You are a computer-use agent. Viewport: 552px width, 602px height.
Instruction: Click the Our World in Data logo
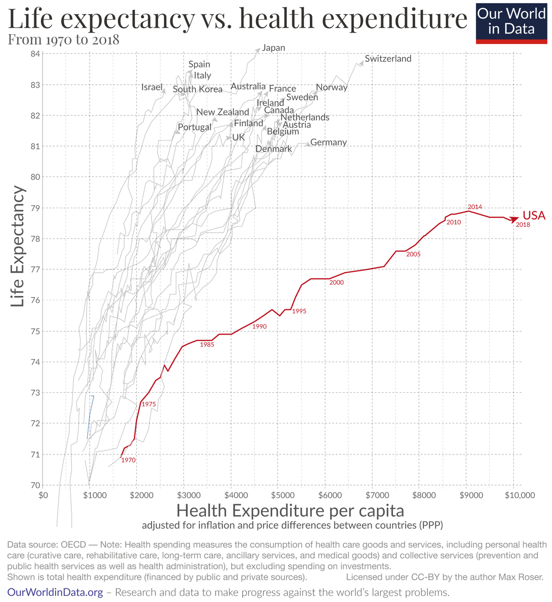[x=511, y=22]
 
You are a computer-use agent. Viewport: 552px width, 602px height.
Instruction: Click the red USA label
[x=533, y=215]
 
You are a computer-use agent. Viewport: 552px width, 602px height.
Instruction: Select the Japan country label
[x=274, y=48]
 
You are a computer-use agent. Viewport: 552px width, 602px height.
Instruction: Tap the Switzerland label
[x=388, y=59]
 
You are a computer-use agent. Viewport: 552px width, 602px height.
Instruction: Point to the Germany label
[x=328, y=142]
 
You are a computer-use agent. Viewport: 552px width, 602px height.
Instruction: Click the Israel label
[x=152, y=87]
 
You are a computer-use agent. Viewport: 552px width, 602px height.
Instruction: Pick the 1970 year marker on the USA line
[x=128, y=460]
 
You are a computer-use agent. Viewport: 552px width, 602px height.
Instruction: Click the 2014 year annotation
[x=475, y=207]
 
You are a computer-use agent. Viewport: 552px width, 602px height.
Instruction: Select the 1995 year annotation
[x=299, y=312]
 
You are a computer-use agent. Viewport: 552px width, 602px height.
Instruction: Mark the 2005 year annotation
[x=413, y=254]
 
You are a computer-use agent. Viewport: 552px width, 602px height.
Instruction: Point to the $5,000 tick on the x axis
[x=278, y=496]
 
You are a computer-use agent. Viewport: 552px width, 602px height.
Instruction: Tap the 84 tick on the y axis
[x=36, y=54]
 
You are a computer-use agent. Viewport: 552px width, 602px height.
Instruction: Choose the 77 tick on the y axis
[x=36, y=269]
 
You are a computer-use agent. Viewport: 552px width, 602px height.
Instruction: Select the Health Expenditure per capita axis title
[x=290, y=511]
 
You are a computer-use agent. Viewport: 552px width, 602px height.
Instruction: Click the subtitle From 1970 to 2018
[x=63, y=40]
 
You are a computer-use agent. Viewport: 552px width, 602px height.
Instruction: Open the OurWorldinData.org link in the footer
[x=55, y=592]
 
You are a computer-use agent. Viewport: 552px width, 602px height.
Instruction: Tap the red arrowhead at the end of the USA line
[x=515, y=219]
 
